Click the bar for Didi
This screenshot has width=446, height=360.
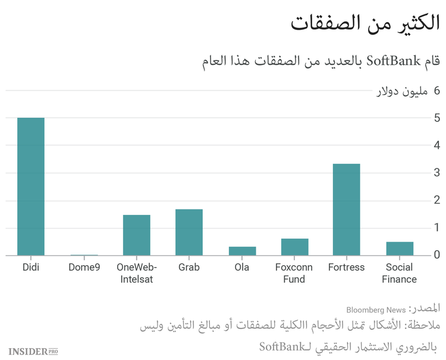(x=31, y=186)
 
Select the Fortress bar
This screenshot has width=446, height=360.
(x=346, y=209)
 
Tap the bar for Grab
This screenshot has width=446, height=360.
(x=189, y=232)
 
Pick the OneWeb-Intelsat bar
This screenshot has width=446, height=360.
(x=136, y=235)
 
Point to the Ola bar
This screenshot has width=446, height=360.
(x=242, y=251)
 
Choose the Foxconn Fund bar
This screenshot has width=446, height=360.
(x=294, y=247)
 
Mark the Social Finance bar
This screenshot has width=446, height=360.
(x=399, y=248)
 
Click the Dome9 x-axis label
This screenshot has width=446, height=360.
(x=83, y=267)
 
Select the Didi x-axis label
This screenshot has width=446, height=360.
(x=31, y=267)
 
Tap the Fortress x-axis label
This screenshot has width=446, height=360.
(x=346, y=267)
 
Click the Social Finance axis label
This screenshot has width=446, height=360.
(x=399, y=273)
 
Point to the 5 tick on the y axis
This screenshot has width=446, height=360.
(x=437, y=118)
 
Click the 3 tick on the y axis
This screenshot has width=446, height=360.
(x=437, y=173)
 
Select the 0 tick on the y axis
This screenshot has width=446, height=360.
(x=437, y=255)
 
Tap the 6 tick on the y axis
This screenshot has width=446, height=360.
(x=437, y=90)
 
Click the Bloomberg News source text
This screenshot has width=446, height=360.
(x=376, y=310)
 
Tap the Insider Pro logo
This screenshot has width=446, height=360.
(x=33, y=352)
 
